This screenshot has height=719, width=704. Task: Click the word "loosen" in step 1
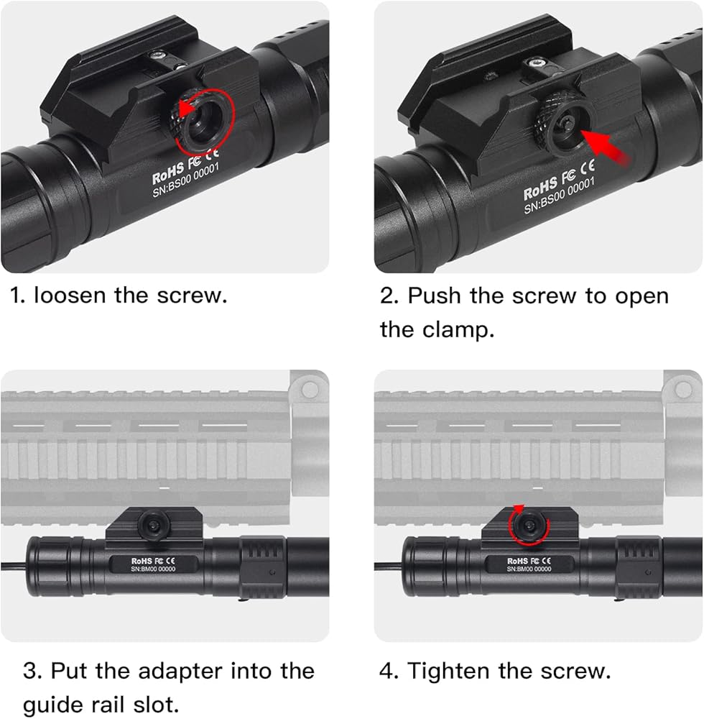click(70, 295)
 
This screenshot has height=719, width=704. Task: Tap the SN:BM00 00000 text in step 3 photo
click(153, 569)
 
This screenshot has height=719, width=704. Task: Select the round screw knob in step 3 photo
click(154, 525)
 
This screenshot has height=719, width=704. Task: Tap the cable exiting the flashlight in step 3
click(14, 566)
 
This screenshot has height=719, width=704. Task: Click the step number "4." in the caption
click(389, 671)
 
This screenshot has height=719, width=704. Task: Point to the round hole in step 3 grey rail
click(310, 390)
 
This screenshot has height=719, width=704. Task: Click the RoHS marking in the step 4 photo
click(517, 561)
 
